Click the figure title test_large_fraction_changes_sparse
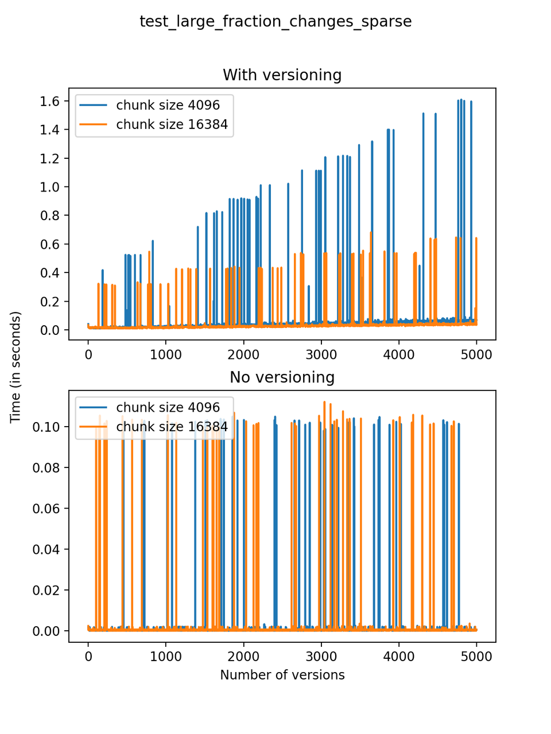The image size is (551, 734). [x=275, y=22]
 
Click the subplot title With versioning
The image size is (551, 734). [x=282, y=75]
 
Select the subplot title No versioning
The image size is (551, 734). [x=282, y=377]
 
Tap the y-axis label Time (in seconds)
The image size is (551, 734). [x=15, y=367]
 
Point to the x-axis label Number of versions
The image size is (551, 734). [x=282, y=675]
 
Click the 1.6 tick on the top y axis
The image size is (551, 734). [x=50, y=101]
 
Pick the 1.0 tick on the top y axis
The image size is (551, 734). [x=50, y=187]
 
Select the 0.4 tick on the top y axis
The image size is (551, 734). [x=50, y=273]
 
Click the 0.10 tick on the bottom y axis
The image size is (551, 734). [x=46, y=427]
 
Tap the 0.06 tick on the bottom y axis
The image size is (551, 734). [x=46, y=509]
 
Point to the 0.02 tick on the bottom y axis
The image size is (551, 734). [x=46, y=590]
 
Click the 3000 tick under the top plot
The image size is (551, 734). [x=321, y=354]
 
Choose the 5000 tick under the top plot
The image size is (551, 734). [x=476, y=354]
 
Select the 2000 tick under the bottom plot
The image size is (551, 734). [x=243, y=657]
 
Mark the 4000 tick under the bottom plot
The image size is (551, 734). [x=399, y=657]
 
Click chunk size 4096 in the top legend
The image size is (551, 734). [x=168, y=105]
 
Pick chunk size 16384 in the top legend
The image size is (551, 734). [x=172, y=124]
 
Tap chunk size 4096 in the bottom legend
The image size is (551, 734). [x=168, y=407]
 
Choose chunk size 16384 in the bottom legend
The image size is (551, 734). [x=172, y=427]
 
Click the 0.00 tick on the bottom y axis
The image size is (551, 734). [x=46, y=631]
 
